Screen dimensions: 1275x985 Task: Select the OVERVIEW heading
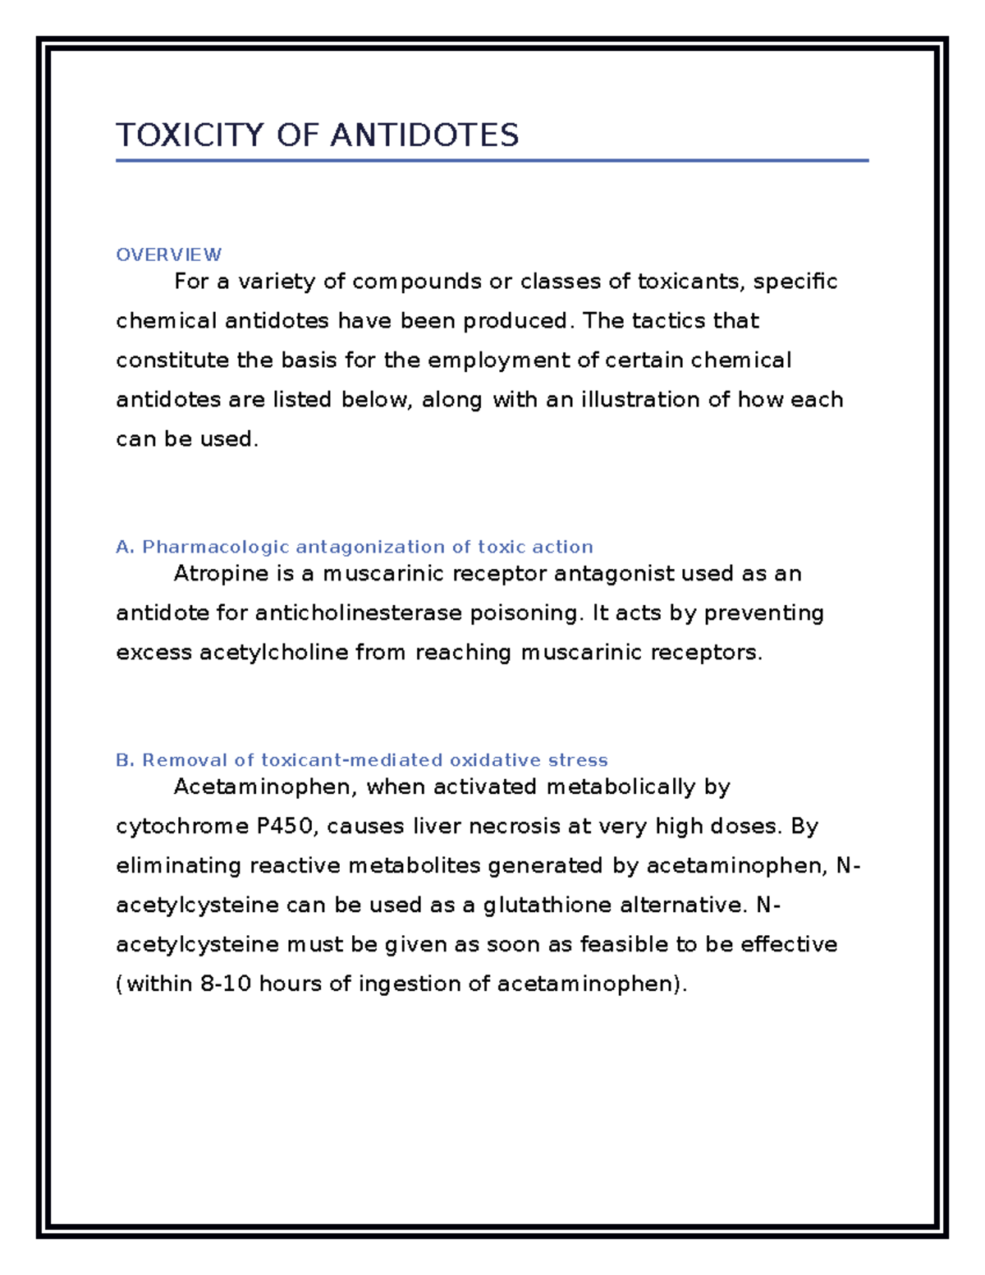(168, 255)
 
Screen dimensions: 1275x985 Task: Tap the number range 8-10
(226, 984)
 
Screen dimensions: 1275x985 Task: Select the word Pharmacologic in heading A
(216, 548)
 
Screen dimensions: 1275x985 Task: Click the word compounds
(417, 282)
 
